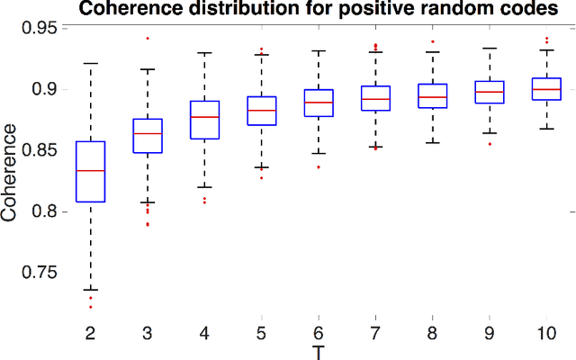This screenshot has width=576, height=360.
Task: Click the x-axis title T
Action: (x=318, y=351)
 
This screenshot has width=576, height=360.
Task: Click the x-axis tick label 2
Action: (x=90, y=333)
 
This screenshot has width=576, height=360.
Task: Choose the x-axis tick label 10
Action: (x=546, y=333)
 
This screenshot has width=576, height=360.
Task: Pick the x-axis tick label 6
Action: (x=318, y=333)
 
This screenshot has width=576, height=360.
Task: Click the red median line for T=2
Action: (x=90, y=170)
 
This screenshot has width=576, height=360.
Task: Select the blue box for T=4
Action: (x=204, y=126)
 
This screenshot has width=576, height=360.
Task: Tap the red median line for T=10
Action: (x=546, y=89)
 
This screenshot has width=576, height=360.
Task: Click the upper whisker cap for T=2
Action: (x=90, y=64)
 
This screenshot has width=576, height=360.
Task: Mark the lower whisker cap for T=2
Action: (x=90, y=289)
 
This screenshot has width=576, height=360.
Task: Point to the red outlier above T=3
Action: (x=147, y=39)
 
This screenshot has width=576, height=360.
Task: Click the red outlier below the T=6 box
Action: (x=318, y=167)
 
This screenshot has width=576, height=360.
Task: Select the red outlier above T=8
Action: (x=432, y=41)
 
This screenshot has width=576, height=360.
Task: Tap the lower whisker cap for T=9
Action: (x=489, y=133)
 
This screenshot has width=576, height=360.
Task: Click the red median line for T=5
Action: (x=261, y=110)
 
